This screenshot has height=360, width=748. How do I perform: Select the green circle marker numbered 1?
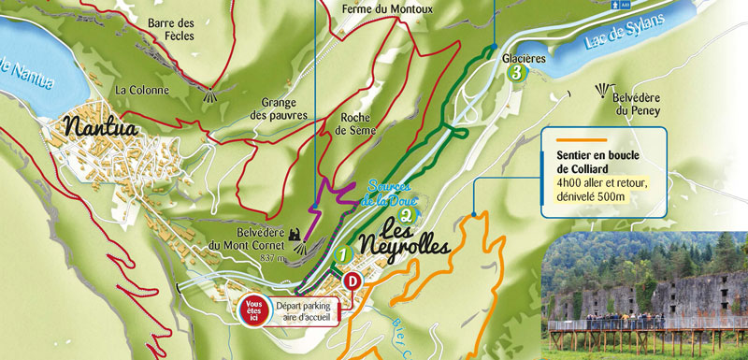[x=343, y=253]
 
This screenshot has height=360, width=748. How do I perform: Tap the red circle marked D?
[x=353, y=280]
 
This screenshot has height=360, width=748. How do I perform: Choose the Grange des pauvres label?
[x=284, y=108]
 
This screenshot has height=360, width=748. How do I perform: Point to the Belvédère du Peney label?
[x=637, y=103]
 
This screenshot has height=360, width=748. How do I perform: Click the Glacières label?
[x=524, y=57]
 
